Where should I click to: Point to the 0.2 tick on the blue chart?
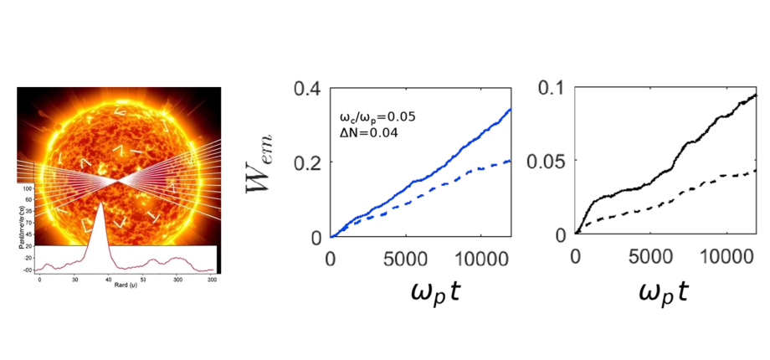point(309,162)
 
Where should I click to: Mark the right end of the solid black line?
point(757,95)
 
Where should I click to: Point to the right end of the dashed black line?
point(757,171)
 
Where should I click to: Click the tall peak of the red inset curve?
point(102,204)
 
